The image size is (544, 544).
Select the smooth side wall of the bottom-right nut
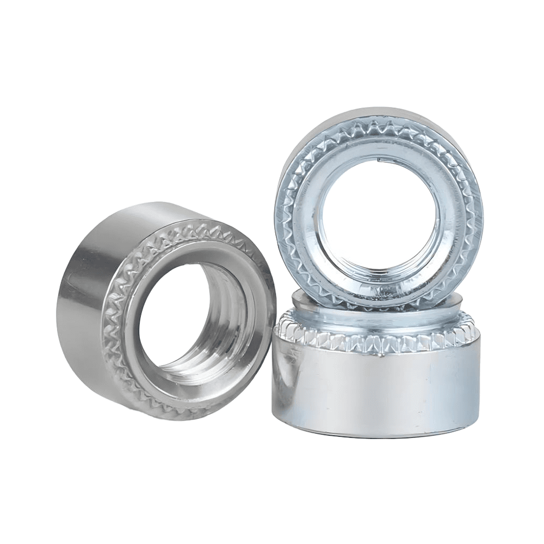(375, 392)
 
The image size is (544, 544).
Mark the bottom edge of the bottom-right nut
(375, 437)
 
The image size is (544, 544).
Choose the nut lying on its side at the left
(163, 310)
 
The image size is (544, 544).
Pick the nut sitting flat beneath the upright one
(375, 375)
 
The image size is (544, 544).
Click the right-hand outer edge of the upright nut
(482, 212)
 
